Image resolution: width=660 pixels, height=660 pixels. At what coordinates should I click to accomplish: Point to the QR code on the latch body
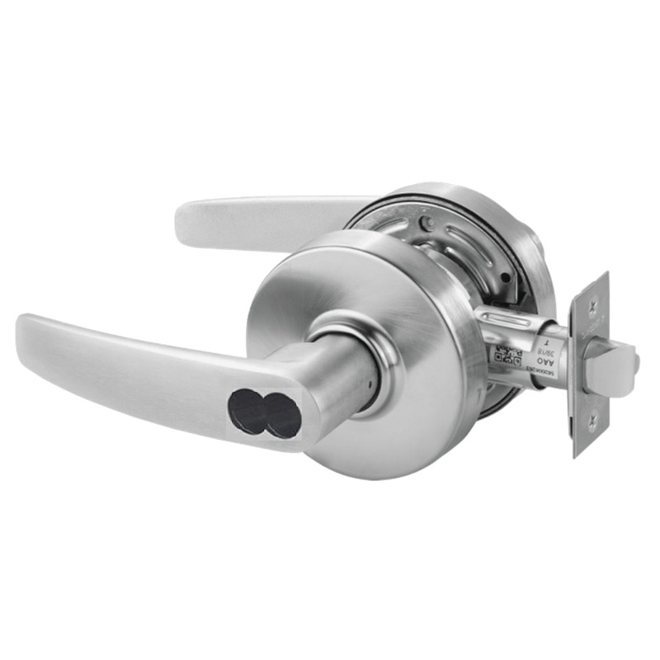(506, 356)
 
